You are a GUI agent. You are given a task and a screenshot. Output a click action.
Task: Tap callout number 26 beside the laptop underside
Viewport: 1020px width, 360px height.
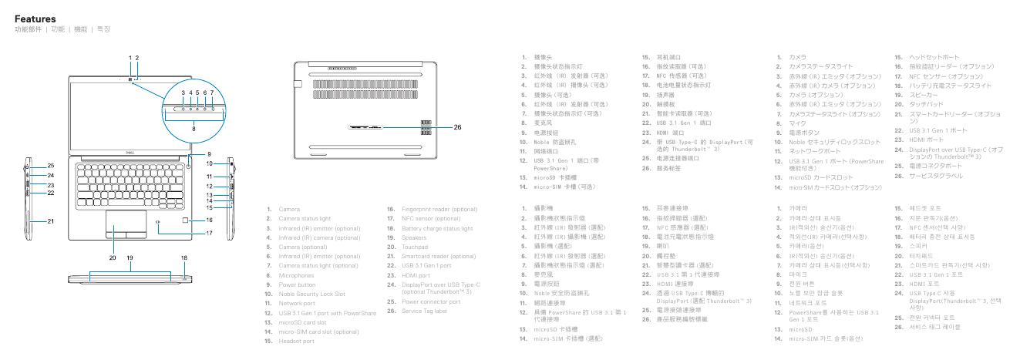pos(457,126)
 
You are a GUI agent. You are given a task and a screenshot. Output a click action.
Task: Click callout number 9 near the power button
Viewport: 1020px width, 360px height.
pos(209,153)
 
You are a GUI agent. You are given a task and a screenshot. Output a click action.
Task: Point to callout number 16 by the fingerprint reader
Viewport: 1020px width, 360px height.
pos(209,220)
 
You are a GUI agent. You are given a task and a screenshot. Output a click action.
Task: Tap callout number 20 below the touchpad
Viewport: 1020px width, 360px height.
pos(112,256)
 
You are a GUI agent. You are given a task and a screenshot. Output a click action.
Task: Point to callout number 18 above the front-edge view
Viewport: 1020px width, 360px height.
pos(185,257)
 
